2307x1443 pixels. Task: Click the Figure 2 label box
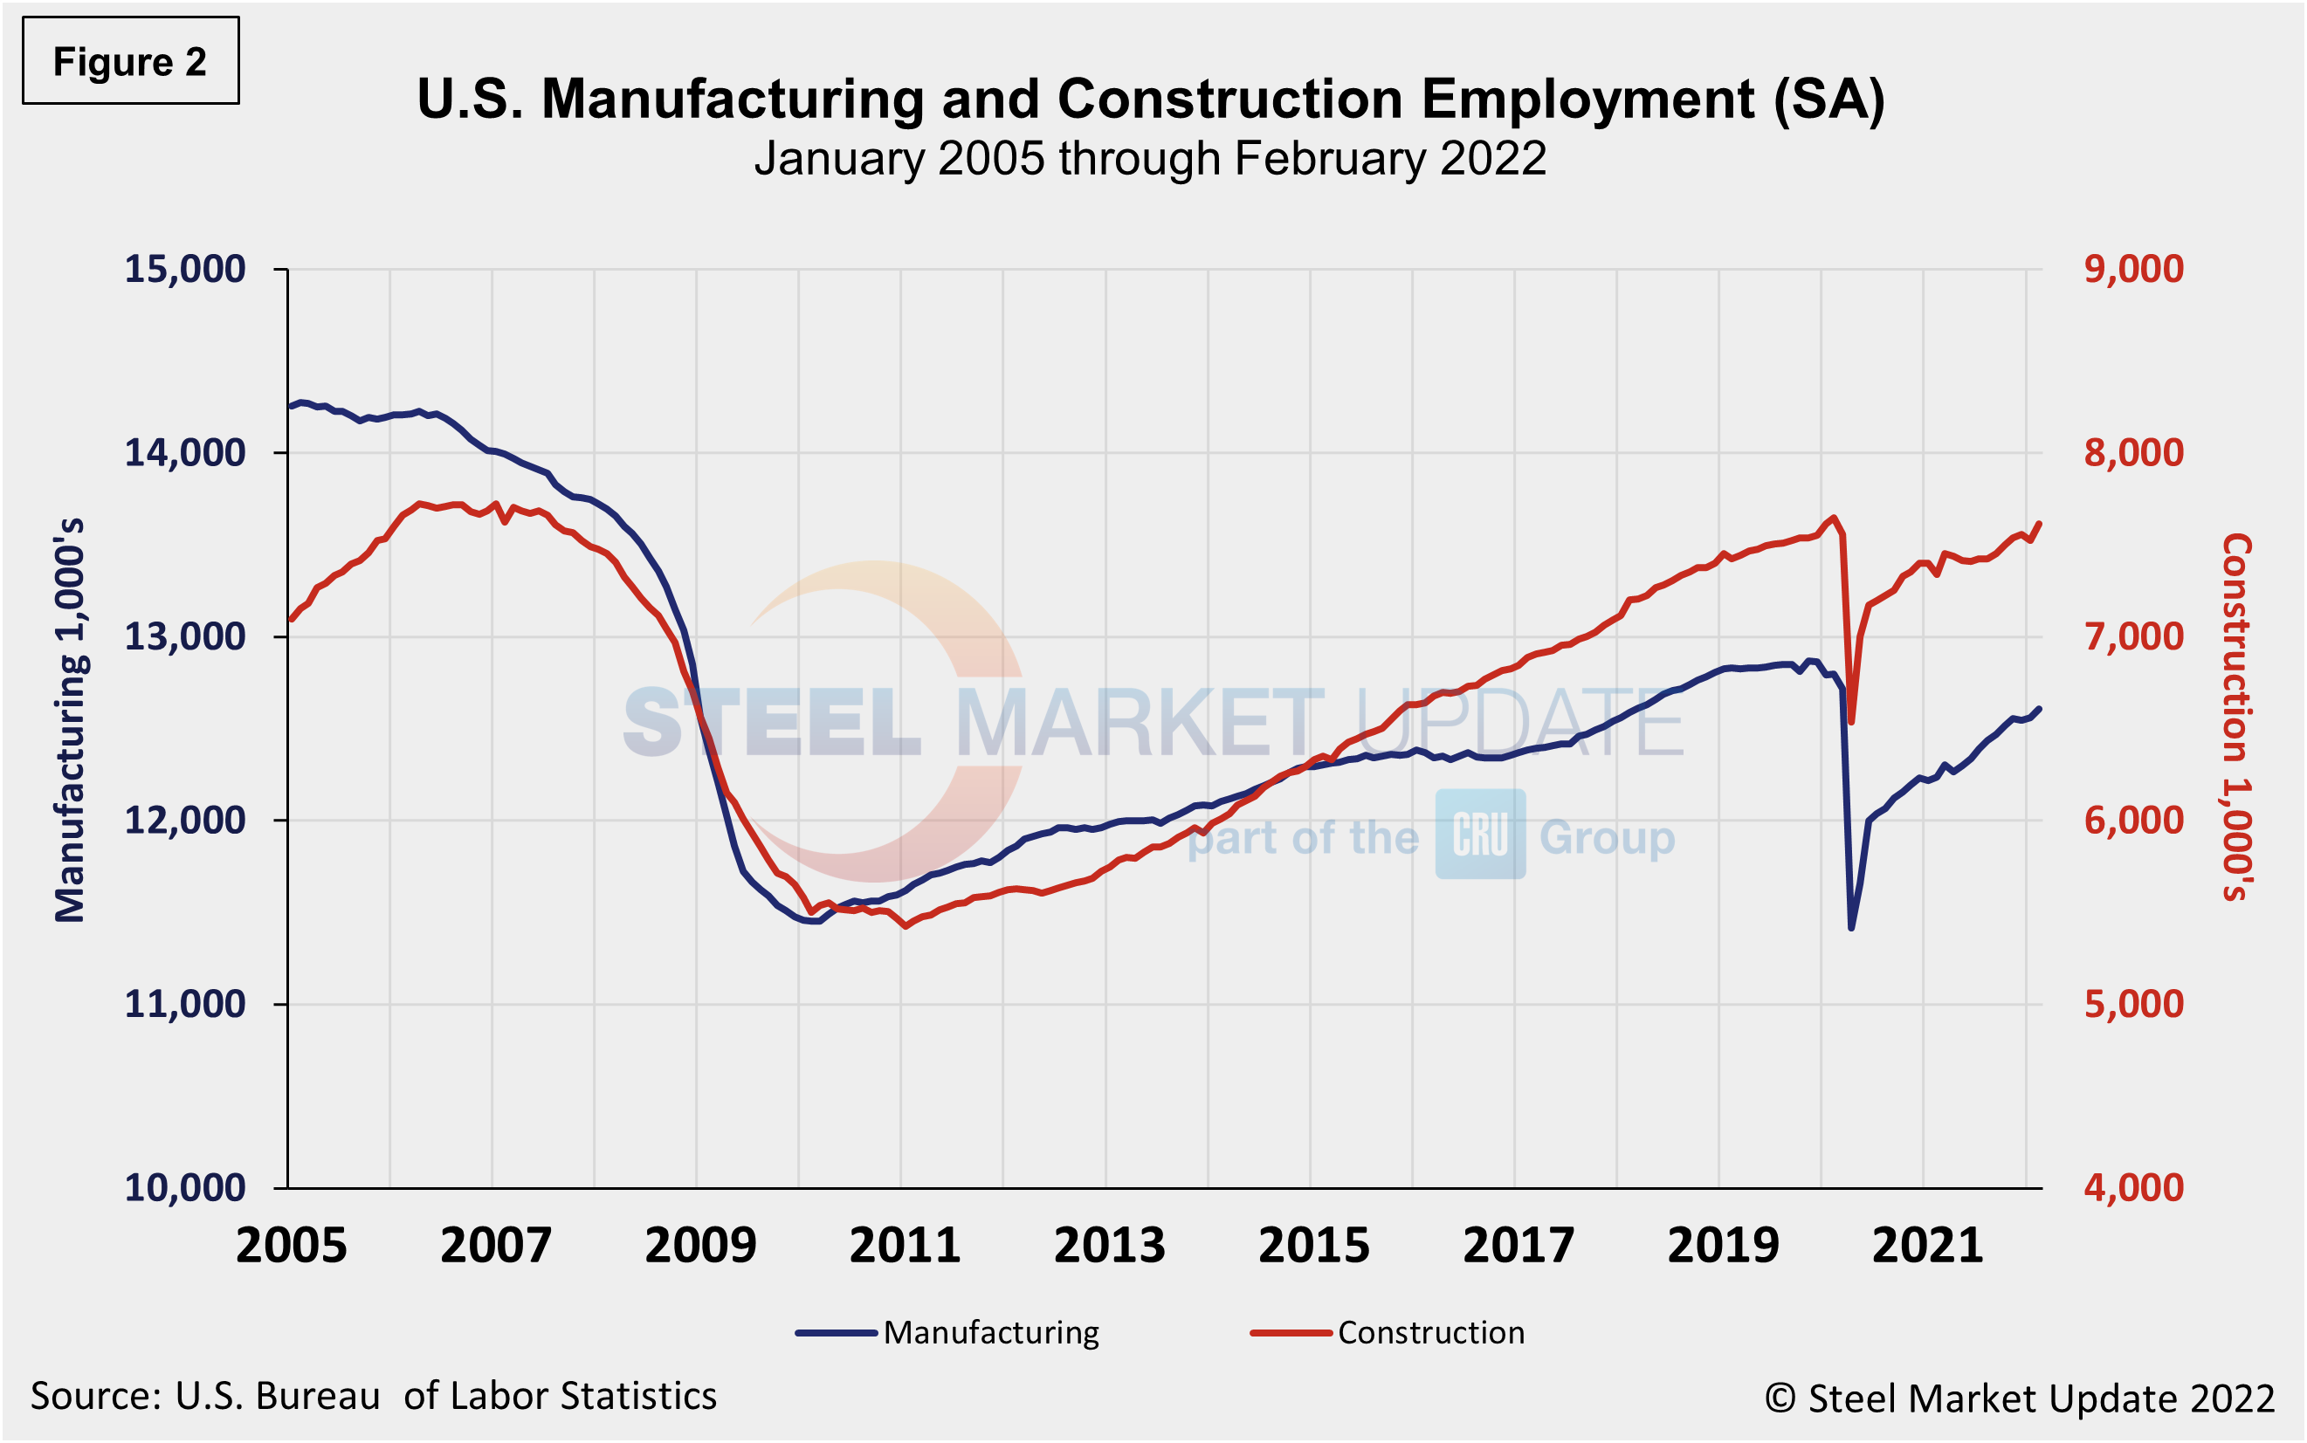point(131,61)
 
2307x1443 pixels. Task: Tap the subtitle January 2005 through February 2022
point(1149,158)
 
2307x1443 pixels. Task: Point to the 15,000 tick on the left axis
point(185,269)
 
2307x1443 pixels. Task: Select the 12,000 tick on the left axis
point(185,820)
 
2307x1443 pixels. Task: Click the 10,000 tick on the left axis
point(185,1187)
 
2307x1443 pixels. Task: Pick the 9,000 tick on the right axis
point(2133,269)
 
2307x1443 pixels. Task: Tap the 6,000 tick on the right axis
point(2133,820)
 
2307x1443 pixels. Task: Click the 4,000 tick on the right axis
point(2133,1187)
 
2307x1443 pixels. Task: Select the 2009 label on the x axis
point(699,1246)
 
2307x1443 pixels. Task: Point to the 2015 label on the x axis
point(1313,1246)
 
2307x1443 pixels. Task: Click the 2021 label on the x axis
point(1927,1246)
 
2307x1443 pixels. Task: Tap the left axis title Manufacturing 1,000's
point(71,720)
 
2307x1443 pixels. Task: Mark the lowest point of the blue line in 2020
point(1852,928)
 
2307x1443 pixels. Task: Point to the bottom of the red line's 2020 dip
point(1852,721)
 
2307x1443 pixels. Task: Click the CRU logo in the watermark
point(1479,835)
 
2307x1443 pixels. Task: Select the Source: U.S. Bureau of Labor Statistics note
point(373,1396)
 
